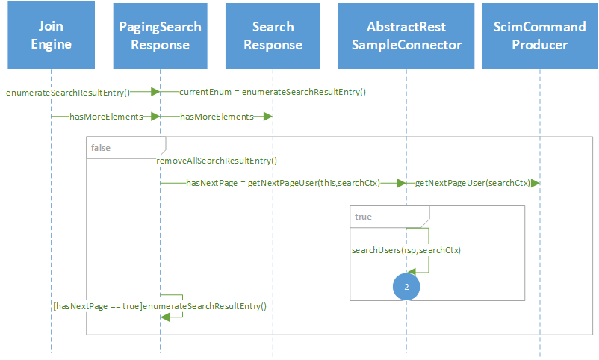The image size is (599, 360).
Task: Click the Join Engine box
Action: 51,36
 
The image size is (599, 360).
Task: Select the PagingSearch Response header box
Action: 160,36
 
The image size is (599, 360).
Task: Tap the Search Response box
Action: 273,36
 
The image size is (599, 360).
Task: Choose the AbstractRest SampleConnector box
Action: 406,36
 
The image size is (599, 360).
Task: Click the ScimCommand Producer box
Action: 539,36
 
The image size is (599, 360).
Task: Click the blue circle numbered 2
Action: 406,287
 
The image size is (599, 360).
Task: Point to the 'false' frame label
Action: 101,148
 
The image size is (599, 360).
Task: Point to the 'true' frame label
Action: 364,217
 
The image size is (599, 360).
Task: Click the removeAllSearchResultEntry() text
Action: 217,161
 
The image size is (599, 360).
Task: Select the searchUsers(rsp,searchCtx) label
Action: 406,250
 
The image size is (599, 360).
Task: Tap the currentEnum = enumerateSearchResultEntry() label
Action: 272,92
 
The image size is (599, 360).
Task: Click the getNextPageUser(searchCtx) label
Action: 472,183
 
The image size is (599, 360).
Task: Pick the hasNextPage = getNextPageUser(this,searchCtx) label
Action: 288,183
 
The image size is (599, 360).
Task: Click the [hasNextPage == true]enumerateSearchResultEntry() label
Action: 160,306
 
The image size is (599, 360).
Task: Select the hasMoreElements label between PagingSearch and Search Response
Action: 216,117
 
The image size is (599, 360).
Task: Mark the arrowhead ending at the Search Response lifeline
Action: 268,117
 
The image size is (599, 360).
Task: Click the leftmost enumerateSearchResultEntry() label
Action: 68,92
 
